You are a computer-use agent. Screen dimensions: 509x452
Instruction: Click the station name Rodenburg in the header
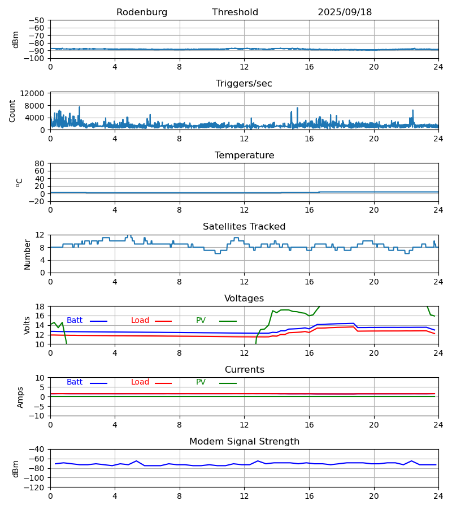coord(142,12)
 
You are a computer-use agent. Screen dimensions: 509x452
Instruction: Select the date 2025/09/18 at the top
coord(345,12)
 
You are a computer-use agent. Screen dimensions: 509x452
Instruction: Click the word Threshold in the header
coord(235,12)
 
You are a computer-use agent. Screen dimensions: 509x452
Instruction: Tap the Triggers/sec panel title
coord(244,84)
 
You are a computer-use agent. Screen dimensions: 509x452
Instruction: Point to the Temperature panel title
coord(244,156)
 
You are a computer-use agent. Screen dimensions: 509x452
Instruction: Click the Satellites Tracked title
coord(244,227)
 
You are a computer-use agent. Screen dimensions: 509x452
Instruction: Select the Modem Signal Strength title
coord(244,442)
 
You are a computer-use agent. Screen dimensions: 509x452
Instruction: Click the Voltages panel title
coord(244,299)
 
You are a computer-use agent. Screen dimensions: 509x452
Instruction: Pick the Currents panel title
coord(244,370)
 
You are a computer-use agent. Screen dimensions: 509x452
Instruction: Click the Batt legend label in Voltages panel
coord(75,321)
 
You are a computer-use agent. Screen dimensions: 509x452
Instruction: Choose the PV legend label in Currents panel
coord(201,382)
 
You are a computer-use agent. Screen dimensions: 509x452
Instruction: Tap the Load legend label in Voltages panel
coord(140,321)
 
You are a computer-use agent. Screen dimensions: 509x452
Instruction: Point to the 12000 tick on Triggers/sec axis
coord(36,93)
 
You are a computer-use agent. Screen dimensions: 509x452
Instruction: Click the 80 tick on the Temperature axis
coord(40,163)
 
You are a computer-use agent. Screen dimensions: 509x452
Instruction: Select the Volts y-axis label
coord(27,325)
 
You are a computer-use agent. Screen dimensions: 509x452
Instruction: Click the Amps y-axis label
coord(21,397)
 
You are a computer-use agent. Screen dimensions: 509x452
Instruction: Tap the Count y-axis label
coord(12,111)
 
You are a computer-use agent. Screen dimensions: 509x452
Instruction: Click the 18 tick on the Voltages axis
coord(40,307)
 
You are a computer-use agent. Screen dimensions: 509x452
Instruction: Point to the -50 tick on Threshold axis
coord(37,20)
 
